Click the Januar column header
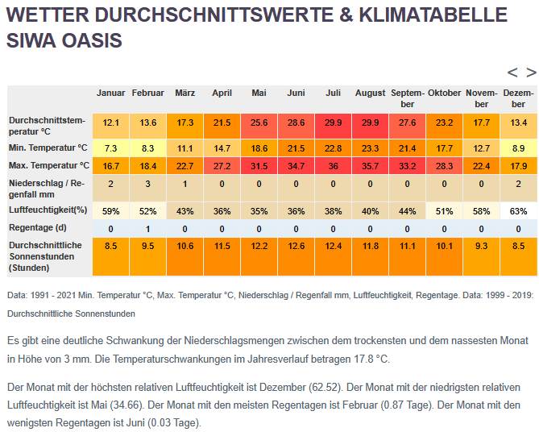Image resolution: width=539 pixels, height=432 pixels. [x=110, y=93]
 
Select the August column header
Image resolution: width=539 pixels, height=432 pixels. [x=371, y=93]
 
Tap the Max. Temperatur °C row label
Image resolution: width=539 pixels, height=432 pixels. [x=49, y=165]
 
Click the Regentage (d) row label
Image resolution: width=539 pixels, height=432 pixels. [x=38, y=228]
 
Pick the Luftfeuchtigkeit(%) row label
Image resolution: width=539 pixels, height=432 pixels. [x=48, y=210]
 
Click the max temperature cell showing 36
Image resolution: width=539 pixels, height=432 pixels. [x=333, y=166]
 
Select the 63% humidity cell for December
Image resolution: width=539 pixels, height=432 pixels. [x=518, y=211]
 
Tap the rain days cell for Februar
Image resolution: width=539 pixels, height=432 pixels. [x=147, y=229]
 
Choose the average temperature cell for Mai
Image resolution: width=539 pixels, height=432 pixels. [x=259, y=126]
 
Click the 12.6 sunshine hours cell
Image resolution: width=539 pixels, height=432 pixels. [x=296, y=256]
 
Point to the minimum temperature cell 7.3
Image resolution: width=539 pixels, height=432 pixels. [x=110, y=148]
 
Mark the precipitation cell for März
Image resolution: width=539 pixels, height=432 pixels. [x=185, y=188]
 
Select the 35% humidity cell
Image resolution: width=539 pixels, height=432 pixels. [x=259, y=211]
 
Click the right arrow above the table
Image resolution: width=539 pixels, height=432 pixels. [x=531, y=73]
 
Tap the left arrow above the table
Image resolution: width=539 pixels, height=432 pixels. [x=512, y=73]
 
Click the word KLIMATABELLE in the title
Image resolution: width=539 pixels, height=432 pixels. [x=433, y=15]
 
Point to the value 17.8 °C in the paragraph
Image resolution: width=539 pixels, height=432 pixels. [x=371, y=359]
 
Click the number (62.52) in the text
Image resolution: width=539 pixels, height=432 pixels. [x=325, y=388]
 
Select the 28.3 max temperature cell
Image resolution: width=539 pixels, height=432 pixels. [x=444, y=166]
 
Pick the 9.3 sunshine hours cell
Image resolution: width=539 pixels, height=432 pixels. [x=481, y=256]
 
